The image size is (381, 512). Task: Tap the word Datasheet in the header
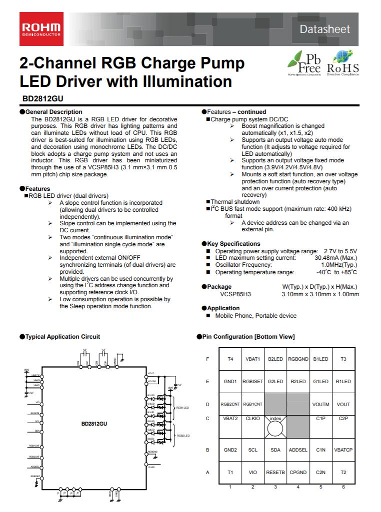(324, 29)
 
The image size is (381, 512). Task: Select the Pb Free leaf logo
(303, 63)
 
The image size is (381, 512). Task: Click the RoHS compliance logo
(342, 63)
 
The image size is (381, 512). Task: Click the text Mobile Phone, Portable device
(255, 316)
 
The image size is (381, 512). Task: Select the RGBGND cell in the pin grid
(298, 359)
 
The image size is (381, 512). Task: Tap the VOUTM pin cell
(320, 405)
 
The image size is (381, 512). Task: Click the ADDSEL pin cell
(298, 450)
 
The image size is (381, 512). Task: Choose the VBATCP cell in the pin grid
(343, 450)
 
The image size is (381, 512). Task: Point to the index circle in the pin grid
(275, 428)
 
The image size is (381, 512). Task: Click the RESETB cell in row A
(275, 472)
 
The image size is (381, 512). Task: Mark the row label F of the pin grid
(207, 359)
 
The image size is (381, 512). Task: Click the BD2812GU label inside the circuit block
(94, 424)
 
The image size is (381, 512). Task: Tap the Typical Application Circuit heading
(62, 337)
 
